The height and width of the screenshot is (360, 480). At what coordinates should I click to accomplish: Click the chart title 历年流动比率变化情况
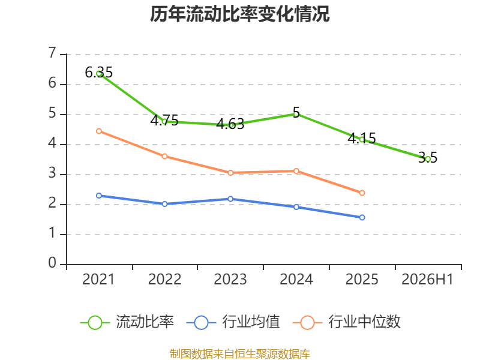(239, 14)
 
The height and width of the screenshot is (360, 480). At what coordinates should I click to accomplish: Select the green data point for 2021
(99, 73)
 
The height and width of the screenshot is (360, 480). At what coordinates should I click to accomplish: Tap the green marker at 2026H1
(428, 159)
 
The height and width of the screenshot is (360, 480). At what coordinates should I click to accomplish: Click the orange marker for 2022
(164, 157)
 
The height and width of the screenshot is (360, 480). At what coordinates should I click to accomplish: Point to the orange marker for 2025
(362, 193)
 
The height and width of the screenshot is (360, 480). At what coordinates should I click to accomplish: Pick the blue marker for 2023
(230, 199)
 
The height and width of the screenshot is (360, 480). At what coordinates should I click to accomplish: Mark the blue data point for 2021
(99, 196)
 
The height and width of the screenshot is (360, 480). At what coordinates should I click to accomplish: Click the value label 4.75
(164, 120)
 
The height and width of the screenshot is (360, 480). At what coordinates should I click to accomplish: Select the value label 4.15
(362, 139)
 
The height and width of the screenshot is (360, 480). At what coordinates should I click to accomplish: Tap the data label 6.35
(98, 73)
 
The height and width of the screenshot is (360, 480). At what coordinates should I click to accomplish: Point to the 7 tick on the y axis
(52, 53)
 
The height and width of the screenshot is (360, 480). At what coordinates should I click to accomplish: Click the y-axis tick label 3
(52, 173)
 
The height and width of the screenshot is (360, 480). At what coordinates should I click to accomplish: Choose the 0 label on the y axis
(52, 263)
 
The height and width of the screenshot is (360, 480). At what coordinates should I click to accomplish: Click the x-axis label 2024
(296, 280)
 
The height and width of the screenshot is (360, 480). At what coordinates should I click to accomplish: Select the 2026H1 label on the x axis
(427, 280)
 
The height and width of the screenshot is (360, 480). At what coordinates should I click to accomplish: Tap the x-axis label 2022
(164, 280)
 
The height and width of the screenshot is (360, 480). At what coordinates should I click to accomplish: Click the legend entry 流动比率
(127, 322)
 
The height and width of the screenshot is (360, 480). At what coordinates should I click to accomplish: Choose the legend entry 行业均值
(233, 322)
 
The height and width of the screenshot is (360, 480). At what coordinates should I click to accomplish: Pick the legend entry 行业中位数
(347, 322)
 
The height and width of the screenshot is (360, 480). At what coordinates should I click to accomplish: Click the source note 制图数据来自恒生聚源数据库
(240, 354)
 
